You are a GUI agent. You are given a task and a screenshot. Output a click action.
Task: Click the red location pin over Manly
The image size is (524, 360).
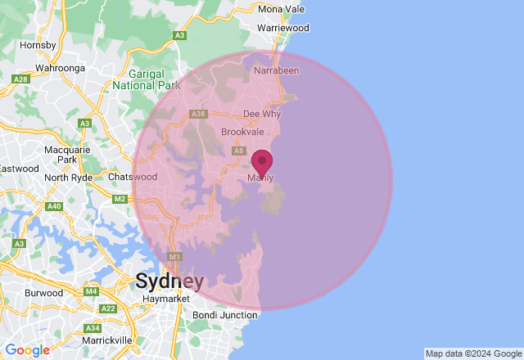(261, 162)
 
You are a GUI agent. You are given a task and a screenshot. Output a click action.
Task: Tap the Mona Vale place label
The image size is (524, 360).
(281, 8)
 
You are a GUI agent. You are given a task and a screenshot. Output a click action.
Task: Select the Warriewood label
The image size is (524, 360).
(282, 28)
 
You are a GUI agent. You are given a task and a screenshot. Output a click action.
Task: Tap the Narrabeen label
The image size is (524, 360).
(277, 71)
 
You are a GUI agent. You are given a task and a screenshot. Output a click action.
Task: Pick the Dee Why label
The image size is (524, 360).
(262, 115)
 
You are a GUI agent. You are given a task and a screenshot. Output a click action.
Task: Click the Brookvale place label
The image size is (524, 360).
(242, 132)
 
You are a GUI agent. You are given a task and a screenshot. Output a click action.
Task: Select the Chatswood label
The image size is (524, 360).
(133, 177)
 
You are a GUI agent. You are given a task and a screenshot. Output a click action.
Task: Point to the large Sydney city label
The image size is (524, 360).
(169, 281)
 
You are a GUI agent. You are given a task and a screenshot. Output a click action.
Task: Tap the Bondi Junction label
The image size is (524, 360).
(224, 315)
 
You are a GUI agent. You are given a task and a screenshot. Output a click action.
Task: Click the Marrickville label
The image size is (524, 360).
(106, 340)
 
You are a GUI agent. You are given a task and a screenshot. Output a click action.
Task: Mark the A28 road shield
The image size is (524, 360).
(21, 79)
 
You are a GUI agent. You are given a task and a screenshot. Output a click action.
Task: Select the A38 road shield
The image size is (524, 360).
(198, 114)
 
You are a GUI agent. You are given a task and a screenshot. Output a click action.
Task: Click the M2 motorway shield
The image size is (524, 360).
(120, 199)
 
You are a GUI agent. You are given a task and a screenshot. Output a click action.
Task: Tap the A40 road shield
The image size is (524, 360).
(54, 206)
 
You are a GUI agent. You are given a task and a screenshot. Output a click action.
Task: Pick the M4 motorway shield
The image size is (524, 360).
(90, 291)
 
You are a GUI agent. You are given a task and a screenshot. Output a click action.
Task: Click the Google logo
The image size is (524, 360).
(27, 350)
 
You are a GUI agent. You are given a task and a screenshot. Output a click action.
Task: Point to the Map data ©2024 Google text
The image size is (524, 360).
(472, 353)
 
